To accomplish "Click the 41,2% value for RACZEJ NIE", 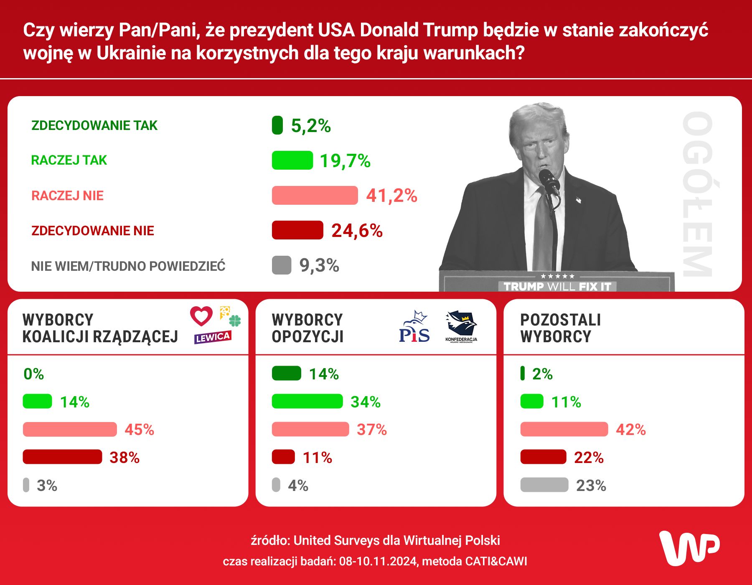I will click(391, 196).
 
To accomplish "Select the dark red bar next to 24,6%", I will click(297, 230).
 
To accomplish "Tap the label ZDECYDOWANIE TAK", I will click(94, 125).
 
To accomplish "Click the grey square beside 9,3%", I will click(281, 265).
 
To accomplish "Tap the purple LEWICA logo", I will click(213, 337).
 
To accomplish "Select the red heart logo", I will click(201, 316).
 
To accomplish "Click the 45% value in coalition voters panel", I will click(140, 430).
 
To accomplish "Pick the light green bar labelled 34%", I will click(307, 402).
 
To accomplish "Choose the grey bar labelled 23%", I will click(544, 485).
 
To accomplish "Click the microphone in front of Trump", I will click(549, 180).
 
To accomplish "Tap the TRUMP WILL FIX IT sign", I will click(557, 286).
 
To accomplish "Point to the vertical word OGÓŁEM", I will click(697, 194).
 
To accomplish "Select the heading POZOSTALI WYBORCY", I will click(560, 328).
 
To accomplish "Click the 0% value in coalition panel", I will click(34, 374).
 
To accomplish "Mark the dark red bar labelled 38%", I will click(62, 457).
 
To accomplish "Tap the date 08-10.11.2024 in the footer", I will click(378, 561).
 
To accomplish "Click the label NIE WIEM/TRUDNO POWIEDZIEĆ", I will click(128, 266).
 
